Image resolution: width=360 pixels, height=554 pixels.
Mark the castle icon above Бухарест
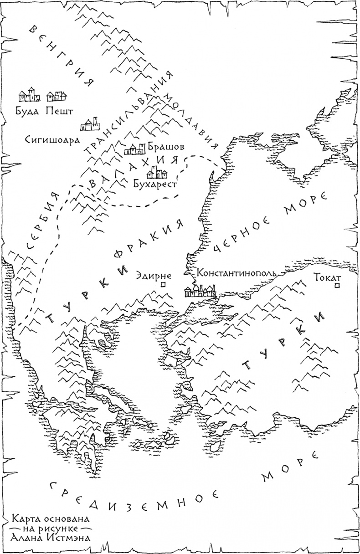coord(157,172)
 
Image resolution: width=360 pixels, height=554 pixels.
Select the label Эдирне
coord(153,275)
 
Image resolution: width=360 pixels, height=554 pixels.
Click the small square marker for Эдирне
coord(163,285)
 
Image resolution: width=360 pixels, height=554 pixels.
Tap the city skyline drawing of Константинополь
coord(201,291)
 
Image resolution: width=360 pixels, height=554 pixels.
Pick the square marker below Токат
coord(337,286)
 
